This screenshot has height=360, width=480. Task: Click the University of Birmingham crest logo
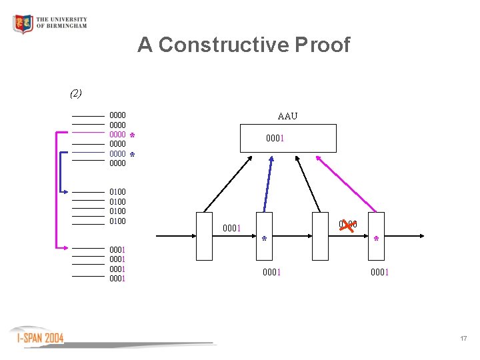pyautogui.click(x=23, y=24)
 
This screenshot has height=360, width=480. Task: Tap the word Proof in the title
pyautogui.click(x=323, y=45)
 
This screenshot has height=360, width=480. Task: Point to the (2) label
pyautogui.click(x=76, y=93)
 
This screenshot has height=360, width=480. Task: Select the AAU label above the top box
pyautogui.click(x=287, y=117)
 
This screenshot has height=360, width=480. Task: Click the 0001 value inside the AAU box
pyautogui.click(x=275, y=139)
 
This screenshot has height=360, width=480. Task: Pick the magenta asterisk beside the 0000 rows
pyautogui.click(x=133, y=136)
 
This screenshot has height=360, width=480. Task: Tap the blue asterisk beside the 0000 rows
pyautogui.click(x=133, y=155)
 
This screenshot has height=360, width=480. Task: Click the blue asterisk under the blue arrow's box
pyautogui.click(x=264, y=239)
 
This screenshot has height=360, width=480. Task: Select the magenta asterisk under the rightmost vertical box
pyautogui.click(x=377, y=239)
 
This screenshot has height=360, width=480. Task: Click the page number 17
pyautogui.click(x=463, y=339)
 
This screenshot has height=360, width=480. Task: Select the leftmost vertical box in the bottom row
pyautogui.click(x=205, y=236)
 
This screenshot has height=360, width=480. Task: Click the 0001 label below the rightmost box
pyautogui.click(x=379, y=272)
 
